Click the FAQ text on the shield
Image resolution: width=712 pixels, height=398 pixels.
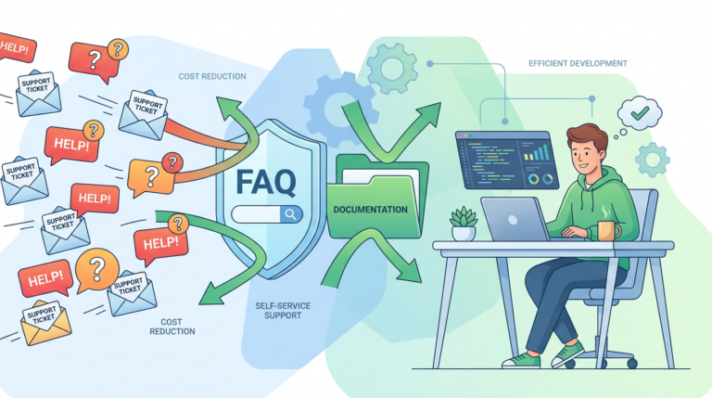click(266, 182)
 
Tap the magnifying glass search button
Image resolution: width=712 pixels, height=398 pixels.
click(290, 214)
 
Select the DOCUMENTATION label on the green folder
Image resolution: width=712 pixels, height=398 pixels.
click(370, 210)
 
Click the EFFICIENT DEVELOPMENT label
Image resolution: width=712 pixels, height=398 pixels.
click(578, 64)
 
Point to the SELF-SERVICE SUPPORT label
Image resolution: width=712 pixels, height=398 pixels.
click(283, 311)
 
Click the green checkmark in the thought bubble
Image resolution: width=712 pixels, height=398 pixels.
click(640, 112)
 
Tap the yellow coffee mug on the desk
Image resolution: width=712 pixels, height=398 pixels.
click(608, 231)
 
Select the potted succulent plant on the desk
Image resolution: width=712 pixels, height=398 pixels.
click(464, 224)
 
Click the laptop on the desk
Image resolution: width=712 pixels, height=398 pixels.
click(515, 220)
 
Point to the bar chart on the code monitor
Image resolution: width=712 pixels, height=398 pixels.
click(536, 153)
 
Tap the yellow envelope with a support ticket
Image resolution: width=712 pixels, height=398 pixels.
click(45, 323)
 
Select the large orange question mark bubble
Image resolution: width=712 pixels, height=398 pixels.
click(96, 270)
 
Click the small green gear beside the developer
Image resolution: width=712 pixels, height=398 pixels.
click(653, 160)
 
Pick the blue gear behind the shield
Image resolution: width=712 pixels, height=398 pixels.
click(336, 109)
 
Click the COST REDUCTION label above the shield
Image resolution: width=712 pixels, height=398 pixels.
click(212, 76)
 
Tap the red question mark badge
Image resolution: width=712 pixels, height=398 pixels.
click(172, 163)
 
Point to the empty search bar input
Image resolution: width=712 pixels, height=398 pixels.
click(256, 214)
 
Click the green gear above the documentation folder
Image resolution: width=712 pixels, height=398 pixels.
click(392, 69)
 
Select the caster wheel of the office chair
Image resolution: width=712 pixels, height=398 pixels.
click(631, 363)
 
